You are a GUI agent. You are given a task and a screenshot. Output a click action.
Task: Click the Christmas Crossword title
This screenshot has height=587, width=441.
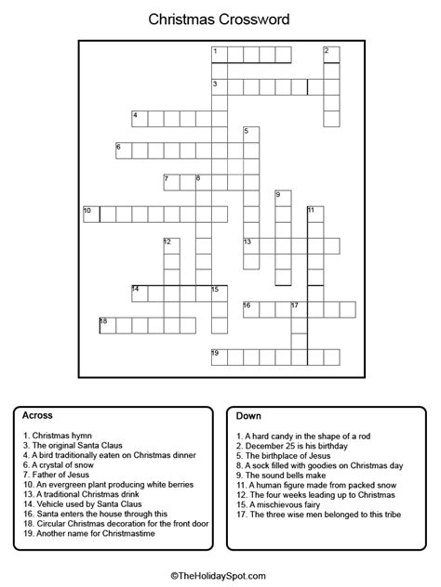220,19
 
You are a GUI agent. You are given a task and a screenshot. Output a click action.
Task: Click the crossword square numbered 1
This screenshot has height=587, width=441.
220,55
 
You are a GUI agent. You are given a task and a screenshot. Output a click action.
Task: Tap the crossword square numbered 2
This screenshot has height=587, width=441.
330,55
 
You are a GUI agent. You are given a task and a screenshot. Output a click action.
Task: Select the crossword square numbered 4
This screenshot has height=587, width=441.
140,119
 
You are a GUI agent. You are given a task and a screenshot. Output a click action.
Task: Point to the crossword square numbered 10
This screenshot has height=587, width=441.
91,214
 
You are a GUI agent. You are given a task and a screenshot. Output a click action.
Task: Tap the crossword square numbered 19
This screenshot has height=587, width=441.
220,357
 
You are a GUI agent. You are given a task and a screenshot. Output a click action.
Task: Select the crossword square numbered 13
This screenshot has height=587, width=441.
251,245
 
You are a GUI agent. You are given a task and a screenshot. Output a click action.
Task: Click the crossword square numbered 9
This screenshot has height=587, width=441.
283,198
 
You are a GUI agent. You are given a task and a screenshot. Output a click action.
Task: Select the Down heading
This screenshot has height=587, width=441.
248,415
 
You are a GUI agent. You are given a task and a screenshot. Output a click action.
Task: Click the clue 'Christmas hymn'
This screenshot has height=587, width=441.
60,436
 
